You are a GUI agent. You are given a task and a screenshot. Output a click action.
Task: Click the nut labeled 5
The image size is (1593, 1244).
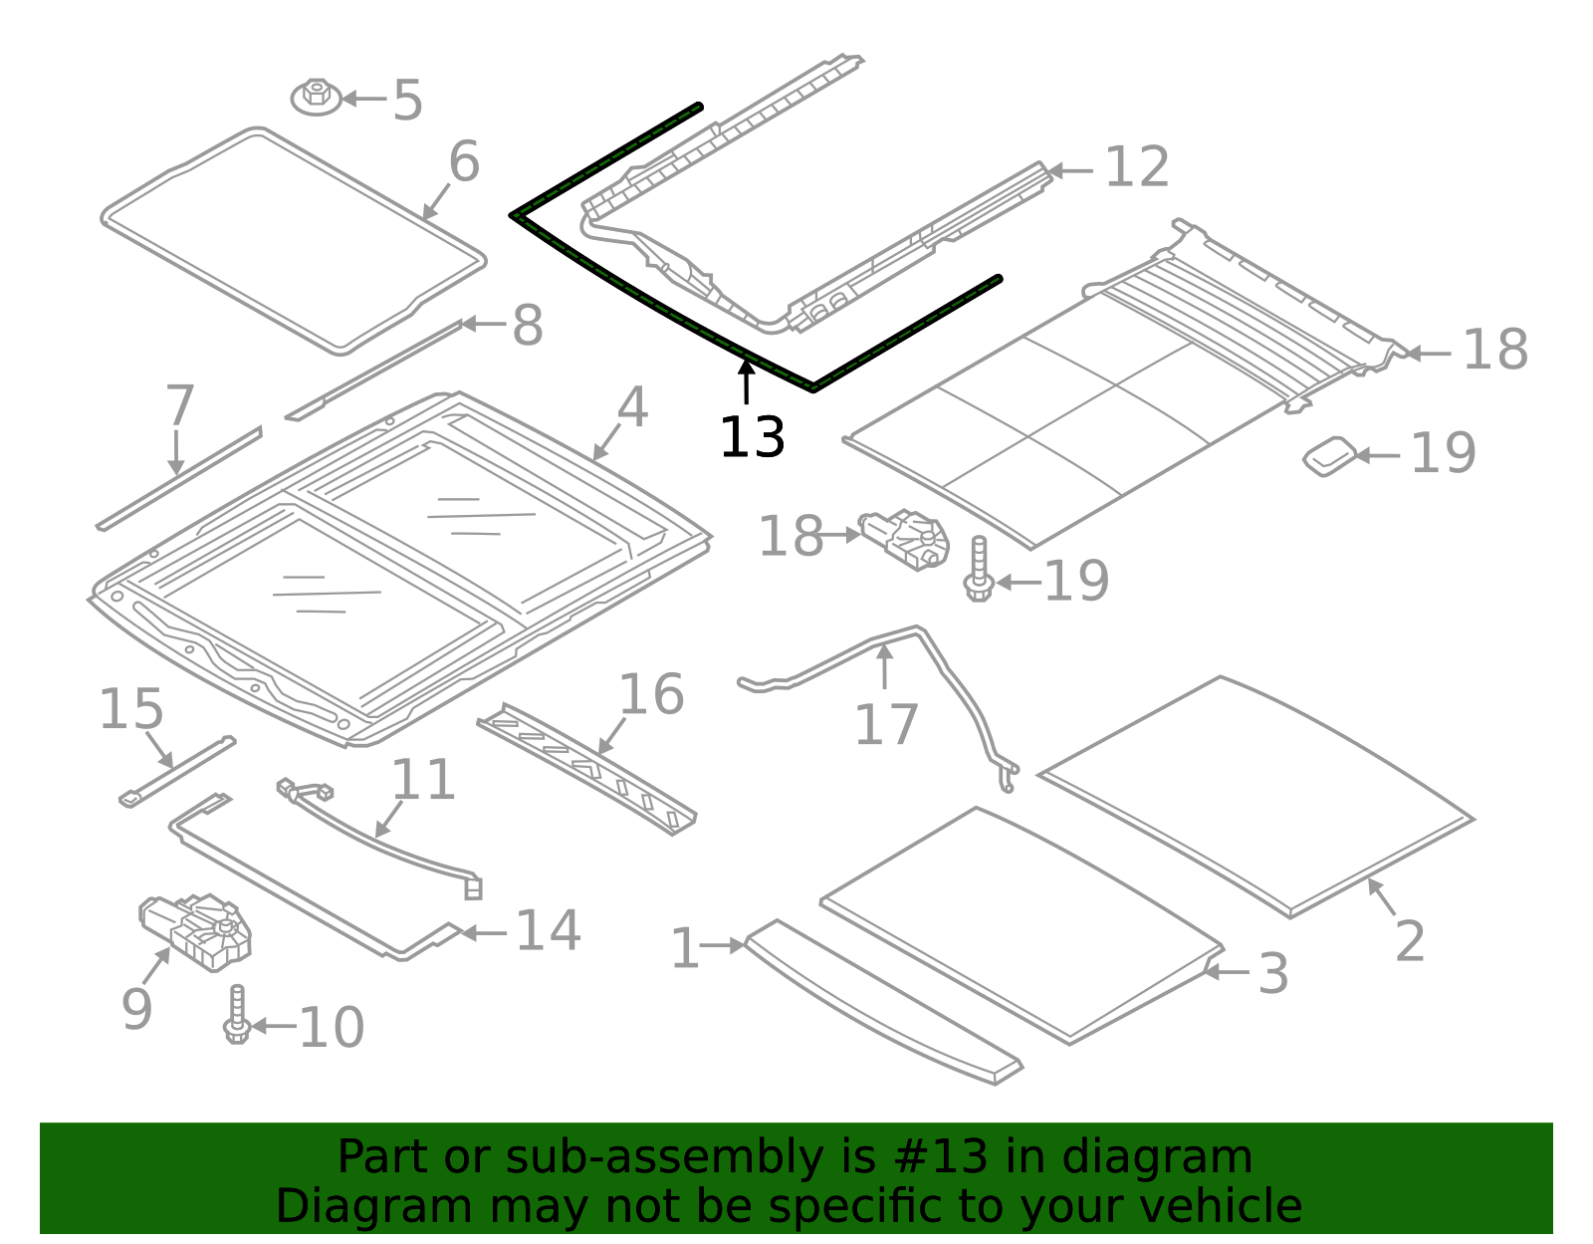316,97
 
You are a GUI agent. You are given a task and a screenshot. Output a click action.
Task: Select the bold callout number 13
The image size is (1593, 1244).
752,438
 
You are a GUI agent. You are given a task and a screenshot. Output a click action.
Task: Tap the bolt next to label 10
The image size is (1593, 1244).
237,1016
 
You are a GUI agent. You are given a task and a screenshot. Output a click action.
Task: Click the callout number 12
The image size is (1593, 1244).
1137,167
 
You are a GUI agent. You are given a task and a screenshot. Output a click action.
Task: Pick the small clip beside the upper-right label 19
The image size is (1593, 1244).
1330,456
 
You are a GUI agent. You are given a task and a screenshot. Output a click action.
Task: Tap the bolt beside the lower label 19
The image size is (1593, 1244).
979,570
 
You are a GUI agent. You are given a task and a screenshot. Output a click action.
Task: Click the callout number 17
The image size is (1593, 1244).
885,725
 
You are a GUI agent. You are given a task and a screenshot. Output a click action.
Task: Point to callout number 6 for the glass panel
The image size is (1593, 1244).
464,162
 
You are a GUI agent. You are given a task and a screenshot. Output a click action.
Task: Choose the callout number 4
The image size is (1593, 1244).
632,408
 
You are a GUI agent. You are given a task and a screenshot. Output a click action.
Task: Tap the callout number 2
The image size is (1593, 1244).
1410,941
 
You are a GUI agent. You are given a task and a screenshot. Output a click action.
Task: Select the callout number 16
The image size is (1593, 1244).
651,695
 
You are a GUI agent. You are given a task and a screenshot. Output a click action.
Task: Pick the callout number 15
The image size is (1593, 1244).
130,710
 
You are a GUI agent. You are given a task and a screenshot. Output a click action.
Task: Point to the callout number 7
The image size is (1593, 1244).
179,406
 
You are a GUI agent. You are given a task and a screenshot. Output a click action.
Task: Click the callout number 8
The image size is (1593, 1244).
528,326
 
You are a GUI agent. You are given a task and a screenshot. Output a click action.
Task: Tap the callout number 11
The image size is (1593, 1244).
423,780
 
